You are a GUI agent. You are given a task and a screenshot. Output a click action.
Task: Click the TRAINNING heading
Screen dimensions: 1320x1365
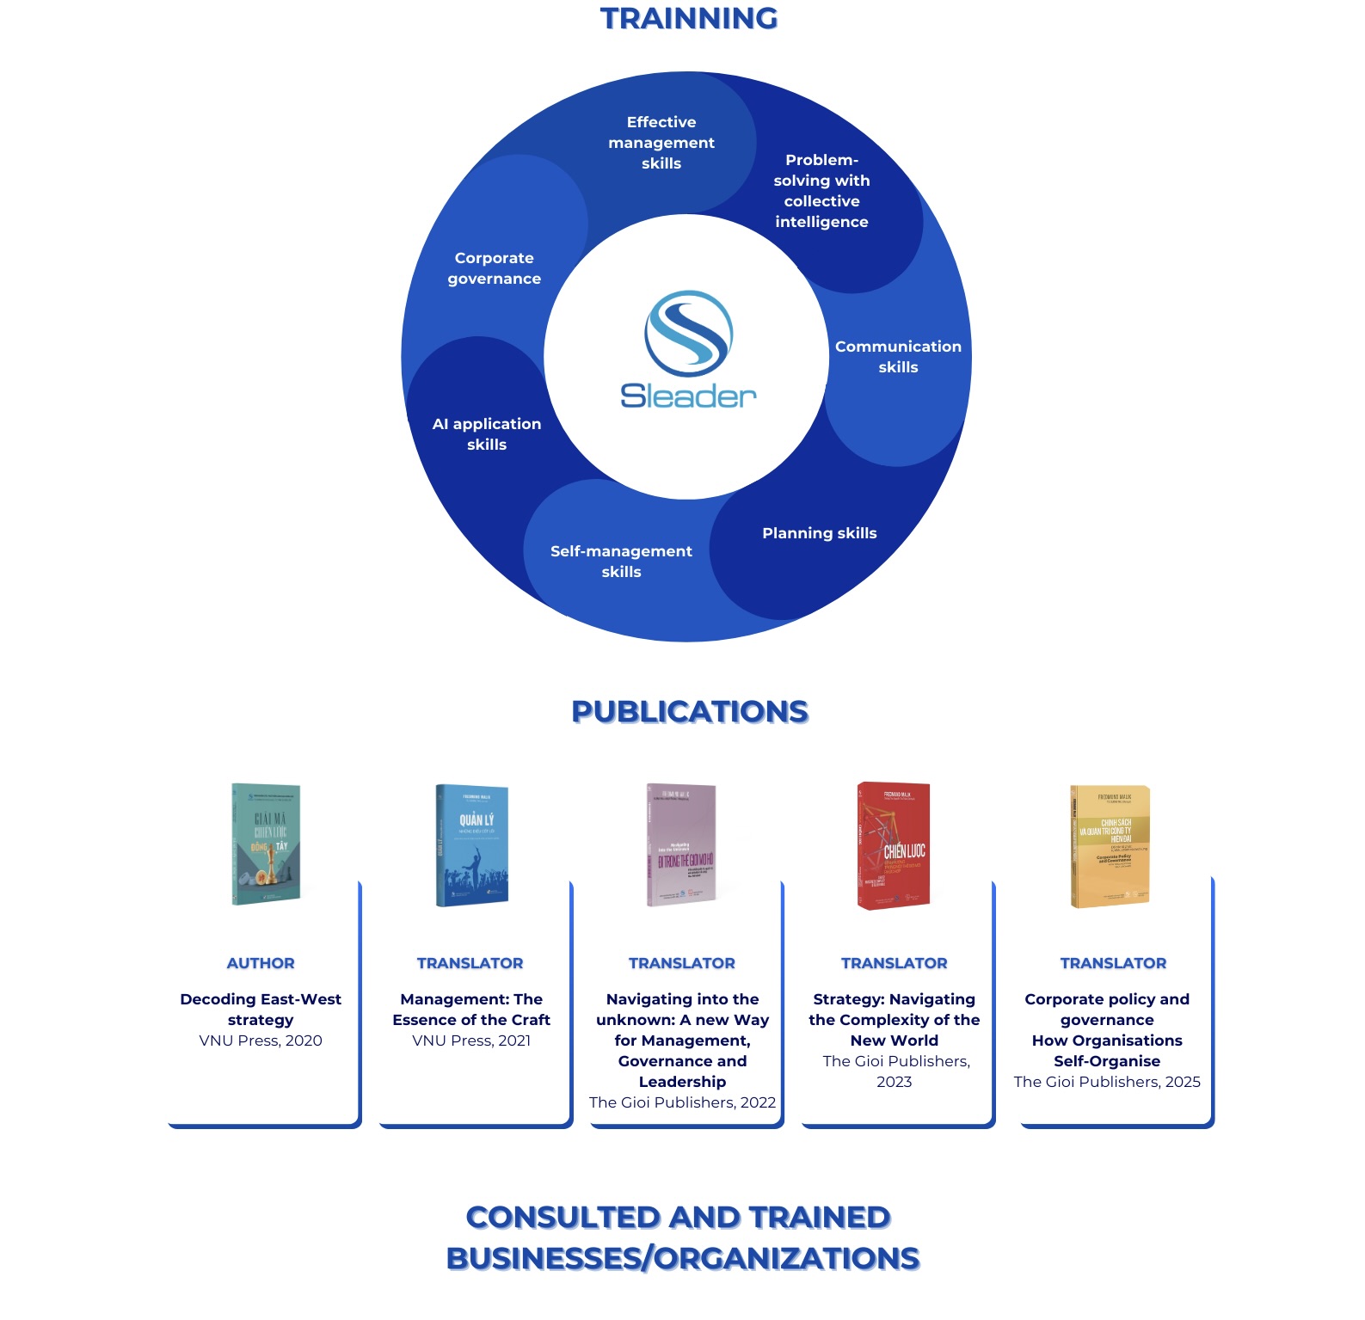click(688, 18)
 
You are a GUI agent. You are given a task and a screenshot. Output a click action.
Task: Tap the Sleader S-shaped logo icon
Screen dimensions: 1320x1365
click(688, 334)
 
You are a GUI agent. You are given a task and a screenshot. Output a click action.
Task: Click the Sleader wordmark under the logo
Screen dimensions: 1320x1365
click(688, 396)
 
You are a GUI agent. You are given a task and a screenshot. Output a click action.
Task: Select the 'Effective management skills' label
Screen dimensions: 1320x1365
click(661, 143)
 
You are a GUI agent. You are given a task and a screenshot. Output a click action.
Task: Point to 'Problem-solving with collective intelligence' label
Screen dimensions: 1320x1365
click(821, 191)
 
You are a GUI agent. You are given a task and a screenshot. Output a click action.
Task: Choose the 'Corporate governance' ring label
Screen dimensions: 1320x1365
click(495, 268)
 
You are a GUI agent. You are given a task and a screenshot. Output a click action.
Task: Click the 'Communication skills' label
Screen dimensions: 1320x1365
click(898, 357)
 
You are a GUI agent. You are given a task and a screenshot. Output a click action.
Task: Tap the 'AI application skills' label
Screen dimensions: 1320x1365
click(487, 434)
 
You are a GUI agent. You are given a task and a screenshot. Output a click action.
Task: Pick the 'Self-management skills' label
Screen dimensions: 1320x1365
click(621, 562)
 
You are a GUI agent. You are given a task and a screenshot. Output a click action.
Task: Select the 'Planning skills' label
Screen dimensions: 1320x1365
click(819, 533)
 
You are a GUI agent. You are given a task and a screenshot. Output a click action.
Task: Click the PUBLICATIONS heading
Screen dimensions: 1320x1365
click(690, 712)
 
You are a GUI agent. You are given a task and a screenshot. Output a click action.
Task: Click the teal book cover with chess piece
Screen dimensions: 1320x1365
click(266, 844)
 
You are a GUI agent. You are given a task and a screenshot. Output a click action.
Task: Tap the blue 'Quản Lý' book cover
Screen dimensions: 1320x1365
click(472, 844)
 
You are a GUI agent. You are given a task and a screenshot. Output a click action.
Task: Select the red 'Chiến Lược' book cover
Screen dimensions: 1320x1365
click(894, 845)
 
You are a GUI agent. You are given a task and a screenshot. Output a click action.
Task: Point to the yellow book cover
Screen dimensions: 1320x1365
click(1110, 846)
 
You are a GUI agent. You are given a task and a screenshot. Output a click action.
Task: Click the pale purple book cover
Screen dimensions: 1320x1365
click(681, 844)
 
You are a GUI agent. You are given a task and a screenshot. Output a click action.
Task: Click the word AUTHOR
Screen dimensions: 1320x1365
click(261, 963)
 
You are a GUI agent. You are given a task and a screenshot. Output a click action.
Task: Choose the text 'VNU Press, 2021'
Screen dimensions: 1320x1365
click(471, 1041)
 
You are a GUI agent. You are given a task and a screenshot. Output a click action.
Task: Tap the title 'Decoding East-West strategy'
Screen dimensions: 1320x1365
click(261, 1010)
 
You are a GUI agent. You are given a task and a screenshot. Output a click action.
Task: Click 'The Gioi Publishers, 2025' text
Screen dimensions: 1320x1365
click(1107, 1082)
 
